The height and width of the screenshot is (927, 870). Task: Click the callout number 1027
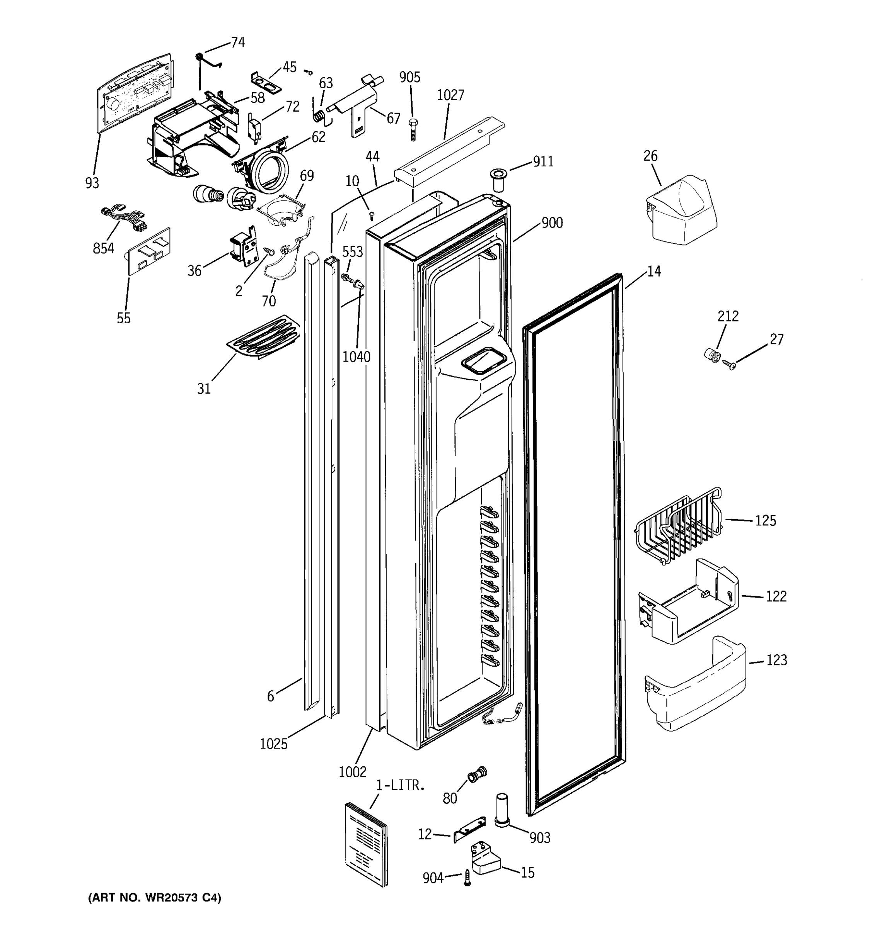tap(450, 95)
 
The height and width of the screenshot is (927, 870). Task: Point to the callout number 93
tap(92, 183)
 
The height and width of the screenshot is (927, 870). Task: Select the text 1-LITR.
tap(401, 785)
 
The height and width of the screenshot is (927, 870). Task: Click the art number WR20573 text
tap(154, 898)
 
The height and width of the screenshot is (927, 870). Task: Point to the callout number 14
tap(654, 272)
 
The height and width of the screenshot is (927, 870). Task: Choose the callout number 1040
tap(356, 357)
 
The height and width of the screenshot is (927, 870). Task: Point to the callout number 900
tap(552, 223)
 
